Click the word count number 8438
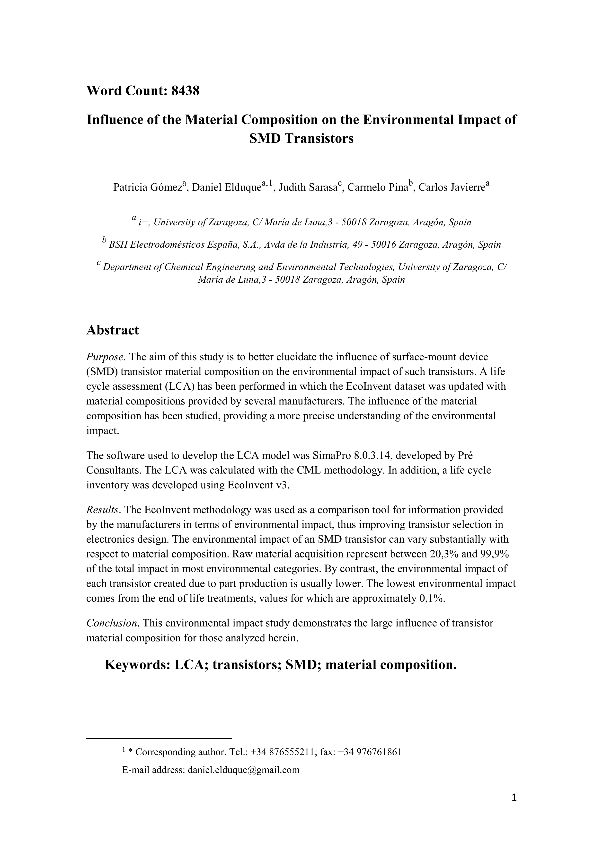click(185, 91)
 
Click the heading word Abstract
click(113, 330)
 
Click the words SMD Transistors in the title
click(301, 139)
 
